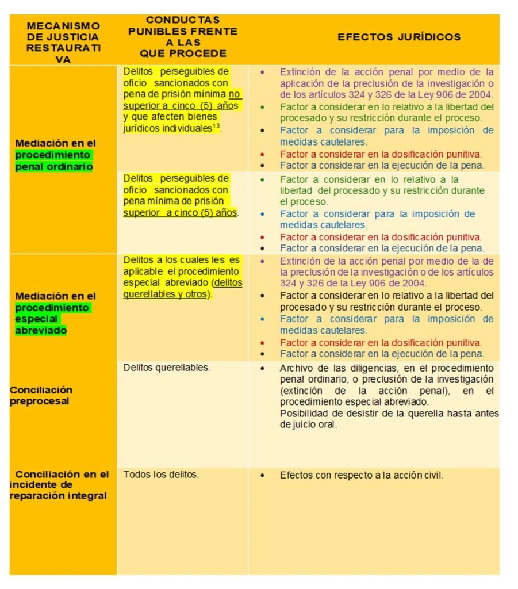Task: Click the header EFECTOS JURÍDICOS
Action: [x=398, y=37]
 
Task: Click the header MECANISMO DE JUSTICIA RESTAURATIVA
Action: [x=63, y=43]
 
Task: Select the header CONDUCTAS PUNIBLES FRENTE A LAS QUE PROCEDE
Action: [x=183, y=37]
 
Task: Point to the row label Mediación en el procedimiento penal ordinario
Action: [x=55, y=155]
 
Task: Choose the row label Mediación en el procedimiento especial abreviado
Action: [x=55, y=313]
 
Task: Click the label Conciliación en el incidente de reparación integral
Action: [x=59, y=485]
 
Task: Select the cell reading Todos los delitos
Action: [x=161, y=475]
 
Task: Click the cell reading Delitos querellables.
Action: [x=167, y=368]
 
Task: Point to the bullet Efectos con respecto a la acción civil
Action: [x=361, y=475]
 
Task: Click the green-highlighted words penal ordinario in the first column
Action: [x=52, y=160]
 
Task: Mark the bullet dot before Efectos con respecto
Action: [x=263, y=476]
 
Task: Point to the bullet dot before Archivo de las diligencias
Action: [x=263, y=368]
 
